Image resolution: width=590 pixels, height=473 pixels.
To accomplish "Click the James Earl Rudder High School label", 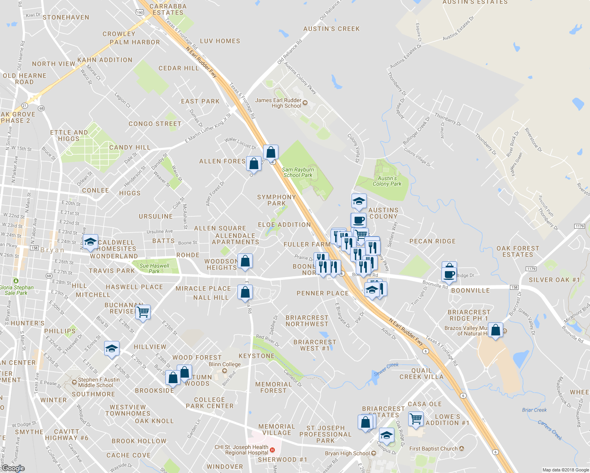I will point(278,103).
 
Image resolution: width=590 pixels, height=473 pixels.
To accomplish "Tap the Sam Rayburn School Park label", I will point(298,172).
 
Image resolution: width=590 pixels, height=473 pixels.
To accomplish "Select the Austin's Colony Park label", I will point(387,181).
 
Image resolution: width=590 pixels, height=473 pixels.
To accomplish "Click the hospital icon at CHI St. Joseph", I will point(272,449).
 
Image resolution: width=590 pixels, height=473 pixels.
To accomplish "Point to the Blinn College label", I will point(224,364).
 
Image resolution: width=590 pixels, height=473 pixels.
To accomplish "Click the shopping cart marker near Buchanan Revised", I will point(143,312).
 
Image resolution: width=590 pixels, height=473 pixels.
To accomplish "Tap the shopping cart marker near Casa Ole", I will point(416,419).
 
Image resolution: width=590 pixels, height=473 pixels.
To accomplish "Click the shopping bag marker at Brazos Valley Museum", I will point(496,330).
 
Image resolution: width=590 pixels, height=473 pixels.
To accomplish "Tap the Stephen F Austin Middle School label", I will point(99,382).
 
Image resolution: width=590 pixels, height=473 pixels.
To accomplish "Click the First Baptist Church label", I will point(433,449).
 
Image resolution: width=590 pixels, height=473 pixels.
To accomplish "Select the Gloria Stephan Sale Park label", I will point(17,290).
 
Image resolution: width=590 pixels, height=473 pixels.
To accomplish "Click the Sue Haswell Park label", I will point(154,268).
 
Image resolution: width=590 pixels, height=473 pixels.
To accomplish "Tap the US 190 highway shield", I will point(140,12).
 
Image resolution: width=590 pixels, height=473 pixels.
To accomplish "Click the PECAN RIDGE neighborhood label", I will point(432,241).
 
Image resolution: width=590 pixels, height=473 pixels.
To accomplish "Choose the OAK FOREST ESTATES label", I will point(517,251).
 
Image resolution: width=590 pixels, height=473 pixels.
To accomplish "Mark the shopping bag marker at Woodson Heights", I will point(245,261).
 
